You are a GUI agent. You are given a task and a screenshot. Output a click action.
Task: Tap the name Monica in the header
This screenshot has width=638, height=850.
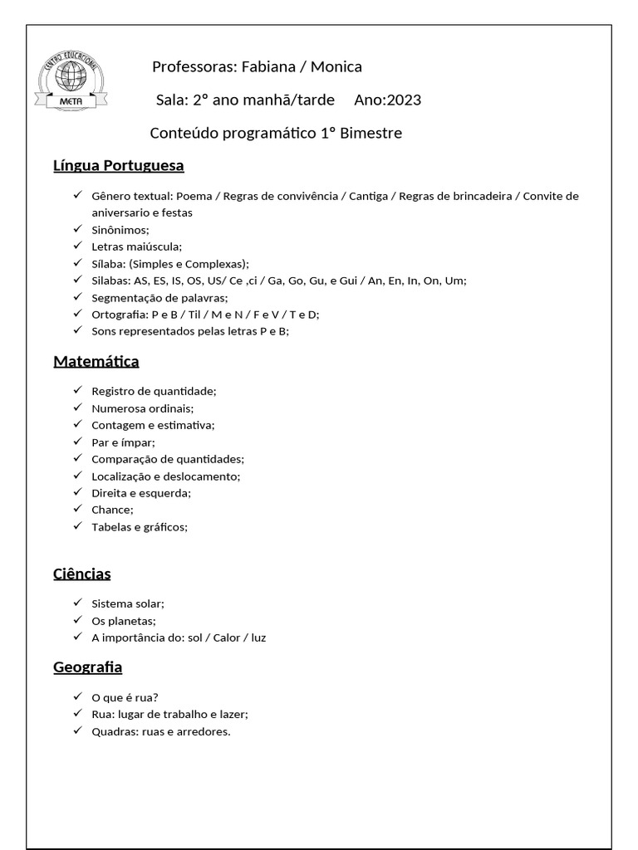point(336,67)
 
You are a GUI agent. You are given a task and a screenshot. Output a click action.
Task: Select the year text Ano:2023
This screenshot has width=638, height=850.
point(387,100)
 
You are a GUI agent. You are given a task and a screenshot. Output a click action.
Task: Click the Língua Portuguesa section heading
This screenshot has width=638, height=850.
point(119,165)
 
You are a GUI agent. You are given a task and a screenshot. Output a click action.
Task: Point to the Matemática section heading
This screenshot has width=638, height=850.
point(96,361)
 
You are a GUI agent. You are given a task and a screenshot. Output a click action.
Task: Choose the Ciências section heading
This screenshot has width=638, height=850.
point(82,574)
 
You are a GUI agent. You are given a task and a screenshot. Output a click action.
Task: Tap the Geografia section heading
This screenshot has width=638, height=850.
point(88,667)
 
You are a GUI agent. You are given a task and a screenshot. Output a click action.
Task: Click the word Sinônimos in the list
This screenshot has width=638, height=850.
point(120,230)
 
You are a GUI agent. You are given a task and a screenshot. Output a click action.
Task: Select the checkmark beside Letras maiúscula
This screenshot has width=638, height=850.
point(77,246)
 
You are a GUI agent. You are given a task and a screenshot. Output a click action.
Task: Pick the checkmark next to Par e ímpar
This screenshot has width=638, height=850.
point(77,442)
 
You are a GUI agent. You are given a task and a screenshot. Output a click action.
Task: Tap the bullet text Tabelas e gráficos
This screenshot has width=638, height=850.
point(140,526)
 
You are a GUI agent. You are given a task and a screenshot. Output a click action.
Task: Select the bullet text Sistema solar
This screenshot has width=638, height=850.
point(128,603)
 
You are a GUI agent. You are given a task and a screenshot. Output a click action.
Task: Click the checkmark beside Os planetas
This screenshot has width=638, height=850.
point(77,620)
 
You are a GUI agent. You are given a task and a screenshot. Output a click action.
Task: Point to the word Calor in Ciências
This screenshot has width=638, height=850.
point(227,637)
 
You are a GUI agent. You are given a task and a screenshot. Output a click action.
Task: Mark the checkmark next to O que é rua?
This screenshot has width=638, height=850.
point(77,696)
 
